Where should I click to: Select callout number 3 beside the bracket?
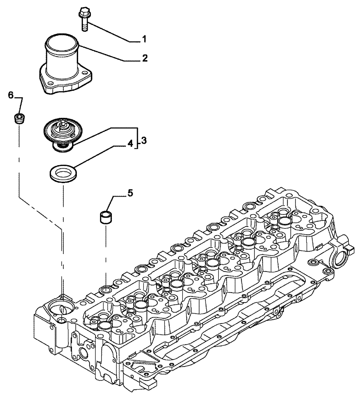[144, 140]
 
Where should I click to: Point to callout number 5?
[130, 193]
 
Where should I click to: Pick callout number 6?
[11, 95]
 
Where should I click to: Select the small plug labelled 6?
[18, 118]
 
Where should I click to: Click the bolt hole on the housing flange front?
[49, 84]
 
